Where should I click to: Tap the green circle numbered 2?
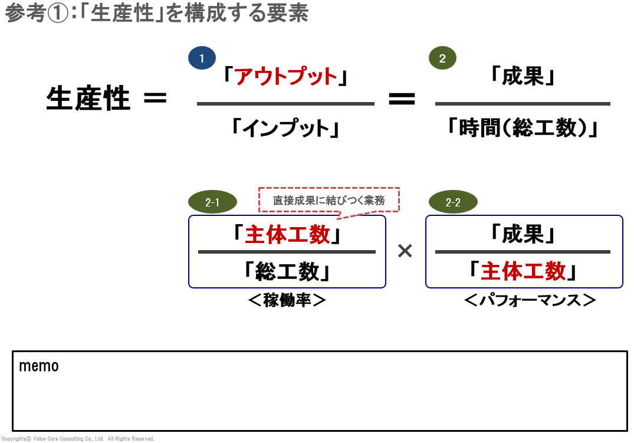(x=442, y=58)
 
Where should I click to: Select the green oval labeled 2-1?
(x=212, y=203)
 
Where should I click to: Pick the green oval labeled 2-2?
(x=453, y=203)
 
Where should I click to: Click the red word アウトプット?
(x=286, y=77)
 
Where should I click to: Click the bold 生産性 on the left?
(x=88, y=98)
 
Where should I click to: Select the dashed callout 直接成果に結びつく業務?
(x=329, y=201)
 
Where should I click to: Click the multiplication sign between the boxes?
(x=405, y=251)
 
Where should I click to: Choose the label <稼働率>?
(x=287, y=300)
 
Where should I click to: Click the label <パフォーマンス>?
(x=530, y=300)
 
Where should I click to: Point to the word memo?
(x=39, y=366)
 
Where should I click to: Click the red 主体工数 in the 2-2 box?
(x=523, y=271)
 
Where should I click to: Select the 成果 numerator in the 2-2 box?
(x=523, y=235)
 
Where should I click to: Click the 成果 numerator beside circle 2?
(x=523, y=77)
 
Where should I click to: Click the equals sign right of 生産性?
(x=155, y=98)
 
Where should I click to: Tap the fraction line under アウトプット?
(x=286, y=104)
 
